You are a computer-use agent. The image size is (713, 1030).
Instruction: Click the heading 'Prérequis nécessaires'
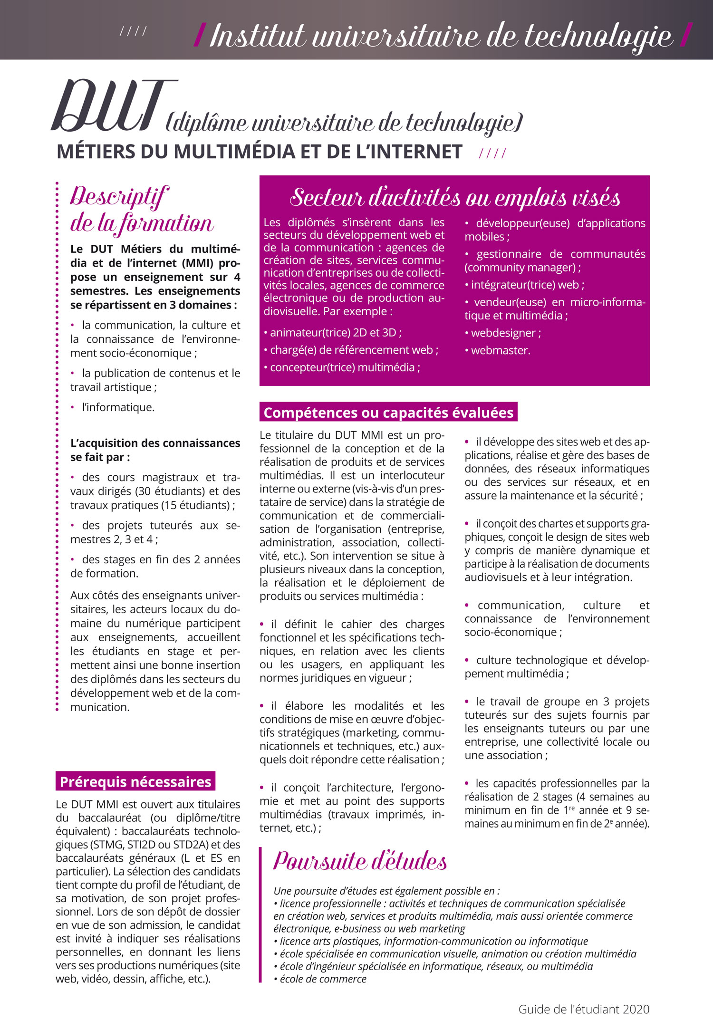click(x=135, y=781)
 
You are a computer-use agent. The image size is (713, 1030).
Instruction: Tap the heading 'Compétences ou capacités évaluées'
click(x=388, y=412)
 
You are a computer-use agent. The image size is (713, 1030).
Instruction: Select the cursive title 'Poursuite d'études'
click(x=360, y=861)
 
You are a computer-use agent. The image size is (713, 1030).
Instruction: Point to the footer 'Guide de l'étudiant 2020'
click(x=584, y=1009)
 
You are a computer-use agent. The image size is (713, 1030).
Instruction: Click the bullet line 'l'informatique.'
click(x=118, y=407)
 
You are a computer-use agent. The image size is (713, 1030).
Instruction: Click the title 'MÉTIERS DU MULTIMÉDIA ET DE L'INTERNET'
click(x=259, y=152)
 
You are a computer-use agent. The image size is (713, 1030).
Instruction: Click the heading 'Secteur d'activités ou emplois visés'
click(x=454, y=197)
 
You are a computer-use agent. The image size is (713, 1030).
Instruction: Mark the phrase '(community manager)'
click(x=520, y=267)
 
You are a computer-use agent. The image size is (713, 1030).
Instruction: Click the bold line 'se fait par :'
click(x=100, y=457)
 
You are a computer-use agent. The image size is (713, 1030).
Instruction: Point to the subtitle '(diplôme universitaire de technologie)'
click(x=344, y=123)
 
